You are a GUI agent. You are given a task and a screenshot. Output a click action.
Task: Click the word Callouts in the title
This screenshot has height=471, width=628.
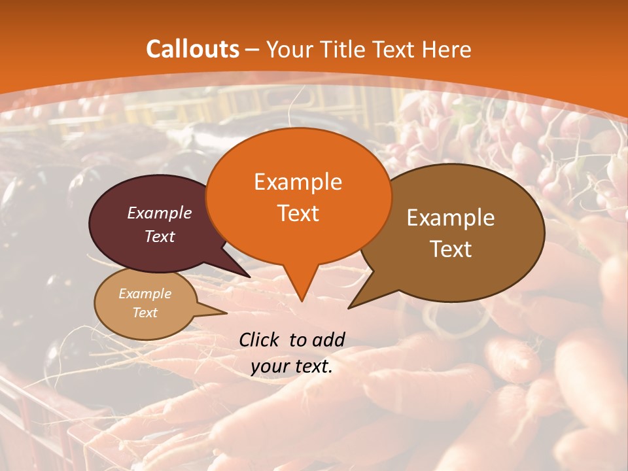tap(192, 49)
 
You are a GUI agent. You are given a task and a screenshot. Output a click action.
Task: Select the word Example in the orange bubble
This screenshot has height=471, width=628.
tap(298, 182)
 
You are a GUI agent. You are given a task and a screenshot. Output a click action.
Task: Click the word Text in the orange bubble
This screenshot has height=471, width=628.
tap(298, 213)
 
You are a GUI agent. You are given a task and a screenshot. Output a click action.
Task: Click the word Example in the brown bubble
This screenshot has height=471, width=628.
tap(451, 218)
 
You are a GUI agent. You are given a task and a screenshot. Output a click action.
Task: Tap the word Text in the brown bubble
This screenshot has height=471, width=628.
tap(451, 249)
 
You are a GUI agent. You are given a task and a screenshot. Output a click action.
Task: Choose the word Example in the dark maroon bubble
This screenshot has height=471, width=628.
tap(160, 213)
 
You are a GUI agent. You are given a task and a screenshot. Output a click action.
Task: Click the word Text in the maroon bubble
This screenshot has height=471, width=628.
tap(160, 236)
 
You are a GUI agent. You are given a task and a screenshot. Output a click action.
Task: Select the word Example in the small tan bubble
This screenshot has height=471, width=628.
tap(145, 294)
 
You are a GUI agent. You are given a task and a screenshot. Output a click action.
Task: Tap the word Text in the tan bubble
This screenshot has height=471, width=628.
tap(145, 313)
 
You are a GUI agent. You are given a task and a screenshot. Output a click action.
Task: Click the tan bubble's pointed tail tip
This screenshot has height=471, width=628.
tap(226, 313)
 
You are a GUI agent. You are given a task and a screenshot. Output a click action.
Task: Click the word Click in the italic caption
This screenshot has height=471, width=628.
tap(260, 340)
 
